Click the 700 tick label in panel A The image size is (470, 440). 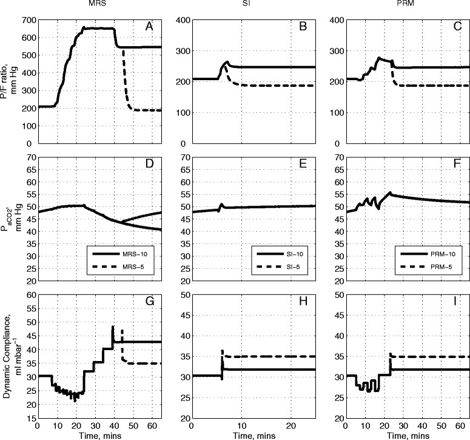tap(27, 20)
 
